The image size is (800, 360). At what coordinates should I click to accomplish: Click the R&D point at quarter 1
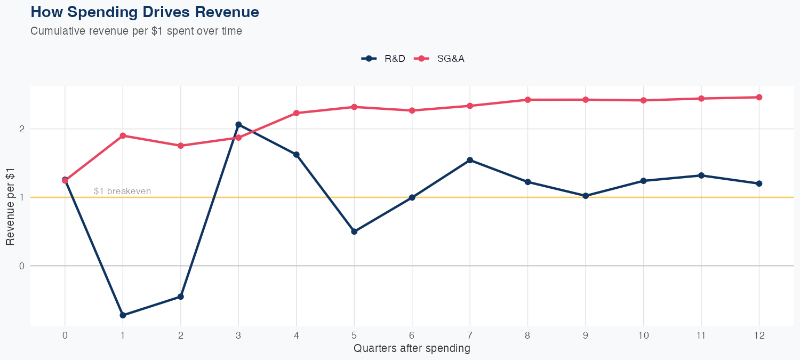click(123, 315)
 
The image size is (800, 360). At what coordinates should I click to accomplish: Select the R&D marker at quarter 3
click(238, 125)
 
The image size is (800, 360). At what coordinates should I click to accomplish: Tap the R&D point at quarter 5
click(354, 231)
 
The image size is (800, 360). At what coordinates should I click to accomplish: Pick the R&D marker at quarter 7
click(470, 160)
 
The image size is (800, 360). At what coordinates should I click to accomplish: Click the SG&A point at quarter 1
click(123, 135)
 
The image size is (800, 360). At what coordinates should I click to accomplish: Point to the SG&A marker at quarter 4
click(297, 113)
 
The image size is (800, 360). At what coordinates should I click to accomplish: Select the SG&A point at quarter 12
click(759, 97)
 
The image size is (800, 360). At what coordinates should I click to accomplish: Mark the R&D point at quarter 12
click(759, 183)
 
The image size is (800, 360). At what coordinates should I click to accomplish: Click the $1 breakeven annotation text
click(122, 191)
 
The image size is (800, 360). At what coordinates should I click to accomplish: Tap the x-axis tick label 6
click(412, 335)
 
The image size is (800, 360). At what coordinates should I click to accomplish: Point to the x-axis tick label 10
click(643, 335)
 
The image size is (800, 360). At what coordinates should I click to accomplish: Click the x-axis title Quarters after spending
click(412, 349)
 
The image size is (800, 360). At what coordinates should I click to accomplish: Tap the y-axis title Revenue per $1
click(10, 205)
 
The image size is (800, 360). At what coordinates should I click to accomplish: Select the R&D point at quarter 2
click(180, 297)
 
